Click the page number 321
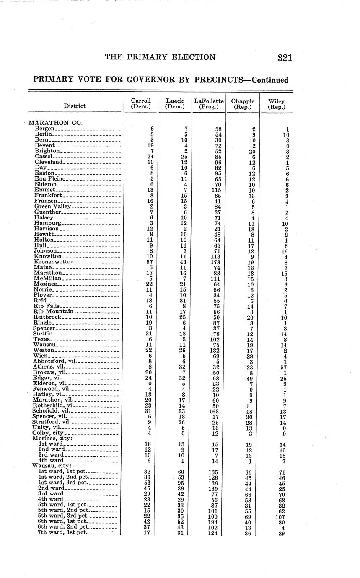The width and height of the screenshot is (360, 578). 284,58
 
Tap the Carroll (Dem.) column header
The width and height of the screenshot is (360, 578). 141,104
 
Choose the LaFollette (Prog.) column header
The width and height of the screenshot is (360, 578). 208,104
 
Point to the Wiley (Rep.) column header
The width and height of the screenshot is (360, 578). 276,104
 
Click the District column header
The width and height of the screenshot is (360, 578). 75,106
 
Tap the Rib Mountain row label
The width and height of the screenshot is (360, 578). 54,312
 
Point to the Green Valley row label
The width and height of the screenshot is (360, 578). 53,206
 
